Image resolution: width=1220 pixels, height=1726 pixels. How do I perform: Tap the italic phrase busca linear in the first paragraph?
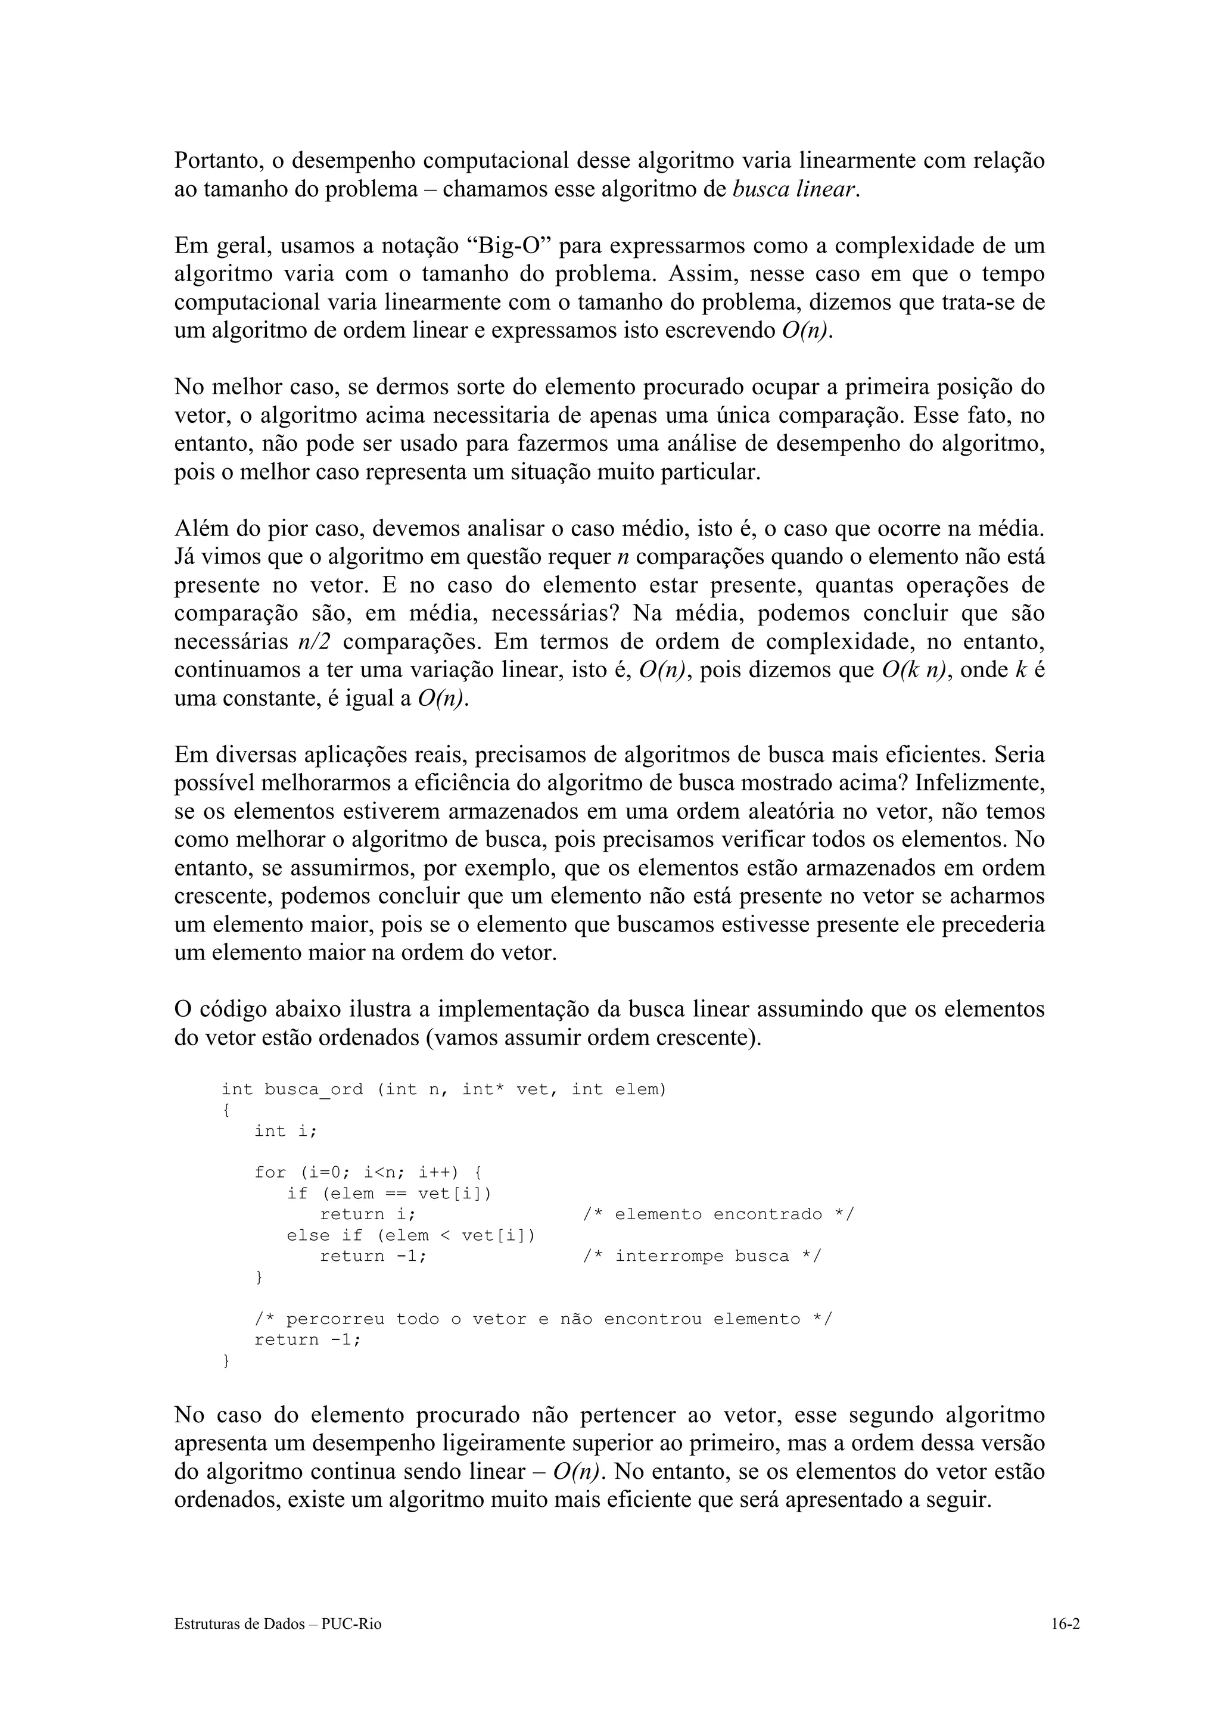[x=794, y=189]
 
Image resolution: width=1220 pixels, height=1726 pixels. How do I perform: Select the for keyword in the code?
[x=270, y=1173]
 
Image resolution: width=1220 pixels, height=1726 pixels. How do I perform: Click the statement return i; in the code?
[x=368, y=1214]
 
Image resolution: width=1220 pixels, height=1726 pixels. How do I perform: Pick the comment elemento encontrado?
[x=718, y=1214]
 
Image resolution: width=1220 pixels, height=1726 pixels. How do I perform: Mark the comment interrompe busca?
[x=702, y=1256]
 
